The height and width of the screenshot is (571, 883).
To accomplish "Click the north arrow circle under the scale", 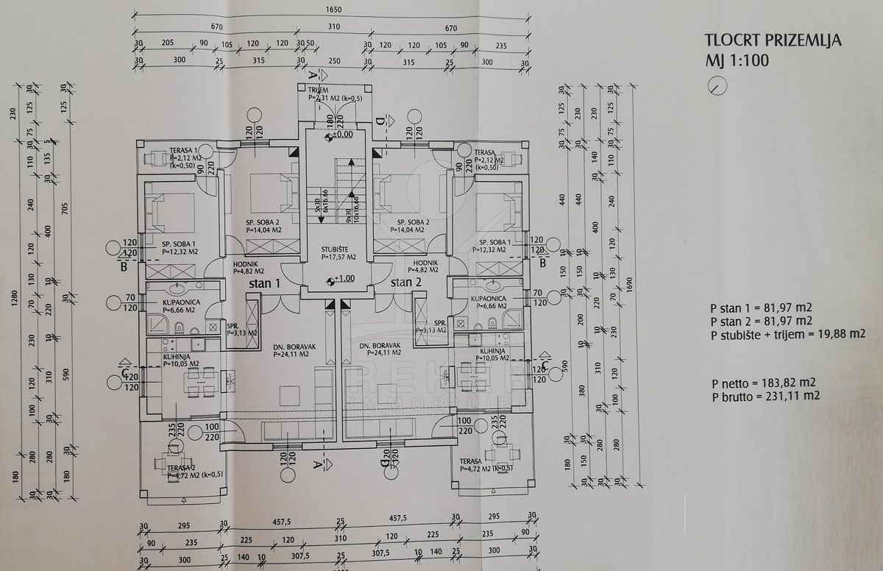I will [x=717, y=86].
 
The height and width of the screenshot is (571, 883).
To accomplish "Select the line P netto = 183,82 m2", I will [x=765, y=383].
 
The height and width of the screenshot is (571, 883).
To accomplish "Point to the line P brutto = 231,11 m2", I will [x=765, y=396].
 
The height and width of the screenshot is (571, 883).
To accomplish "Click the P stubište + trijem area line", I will [x=787, y=334].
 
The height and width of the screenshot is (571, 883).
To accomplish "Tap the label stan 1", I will [x=264, y=283].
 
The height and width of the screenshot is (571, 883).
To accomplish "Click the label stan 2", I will [x=405, y=283].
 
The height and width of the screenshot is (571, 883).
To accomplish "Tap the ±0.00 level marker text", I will [x=342, y=135].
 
